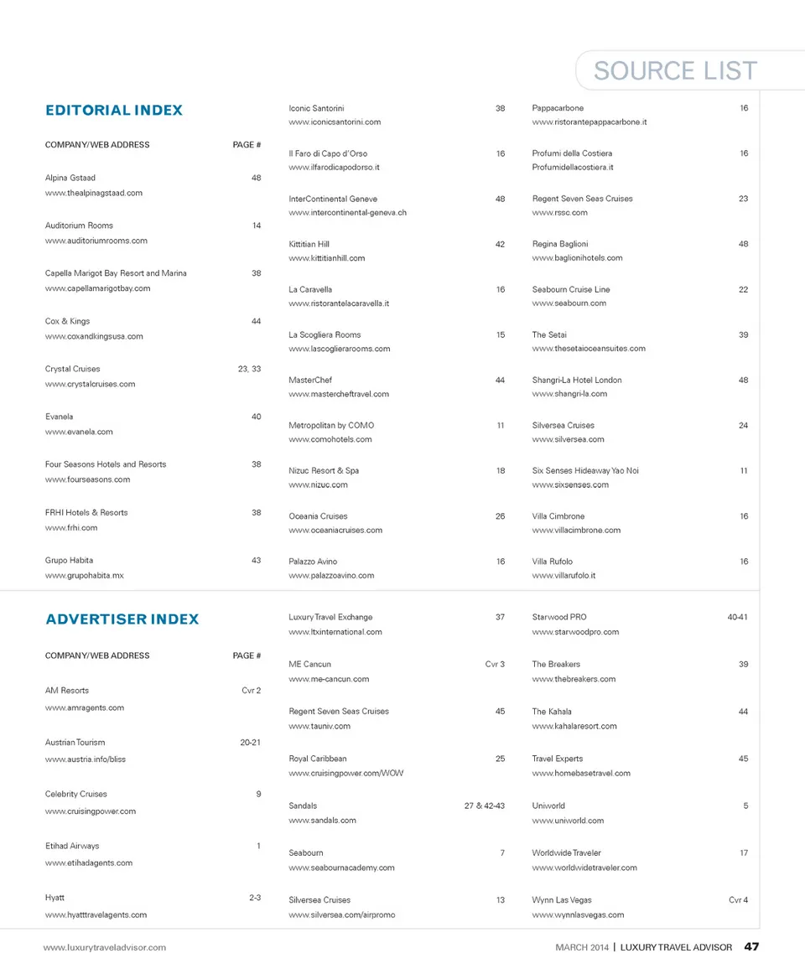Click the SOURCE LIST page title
(x=675, y=71)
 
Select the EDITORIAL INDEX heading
(x=114, y=111)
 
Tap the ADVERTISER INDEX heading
(x=122, y=619)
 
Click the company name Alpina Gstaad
(x=70, y=178)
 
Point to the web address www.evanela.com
(x=79, y=432)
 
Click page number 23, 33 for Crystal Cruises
(x=250, y=369)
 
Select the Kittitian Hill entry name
(x=309, y=244)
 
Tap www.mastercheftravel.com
(x=339, y=394)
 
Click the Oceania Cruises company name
(x=318, y=516)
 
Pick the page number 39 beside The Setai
(x=743, y=334)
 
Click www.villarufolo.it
(x=563, y=576)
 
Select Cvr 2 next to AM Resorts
(x=251, y=691)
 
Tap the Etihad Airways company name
(x=72, y=846)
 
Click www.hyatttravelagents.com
(x=96, y=914)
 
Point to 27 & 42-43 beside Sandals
(x=485, y=806)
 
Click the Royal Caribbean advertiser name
(x=318, y=759)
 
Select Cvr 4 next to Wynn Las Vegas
(x=738, y=900)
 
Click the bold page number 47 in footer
(x=751, y=947)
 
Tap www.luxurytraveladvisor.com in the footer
(x=105, y=947)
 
